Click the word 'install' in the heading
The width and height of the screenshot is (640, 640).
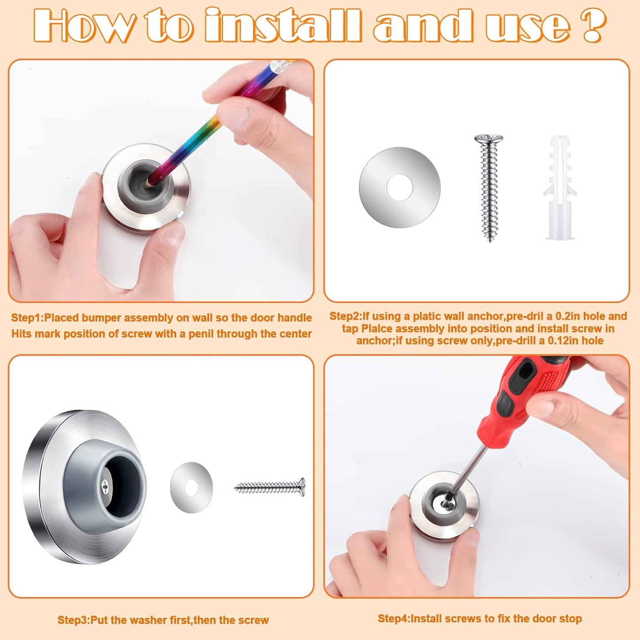[x=283, y=26]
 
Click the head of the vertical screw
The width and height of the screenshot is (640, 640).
[x=489, y=140]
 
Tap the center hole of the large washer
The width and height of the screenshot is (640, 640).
[x=400, y=187]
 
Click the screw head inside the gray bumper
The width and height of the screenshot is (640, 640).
[x=105, y=486]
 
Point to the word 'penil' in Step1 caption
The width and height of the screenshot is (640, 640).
[x=201, y=334]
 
